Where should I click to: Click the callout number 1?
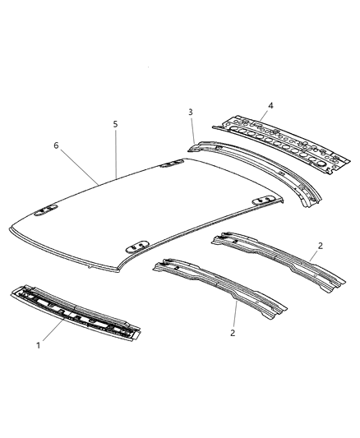click(37, 346)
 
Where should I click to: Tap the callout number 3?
click(191, 113)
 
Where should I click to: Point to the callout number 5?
click(115, 124)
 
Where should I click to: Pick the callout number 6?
click(56, 145)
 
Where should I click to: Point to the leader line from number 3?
click(192, 130)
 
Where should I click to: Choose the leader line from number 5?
click(116, 153)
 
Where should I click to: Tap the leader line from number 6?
click(78, 164)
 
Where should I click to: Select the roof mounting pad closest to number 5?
click(171, 164)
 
